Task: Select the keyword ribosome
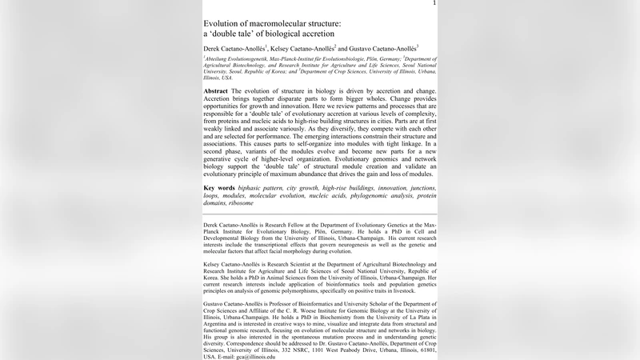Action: click(238, 202)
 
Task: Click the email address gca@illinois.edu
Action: click(249, 356)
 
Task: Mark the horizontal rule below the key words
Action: click(320, 215)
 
